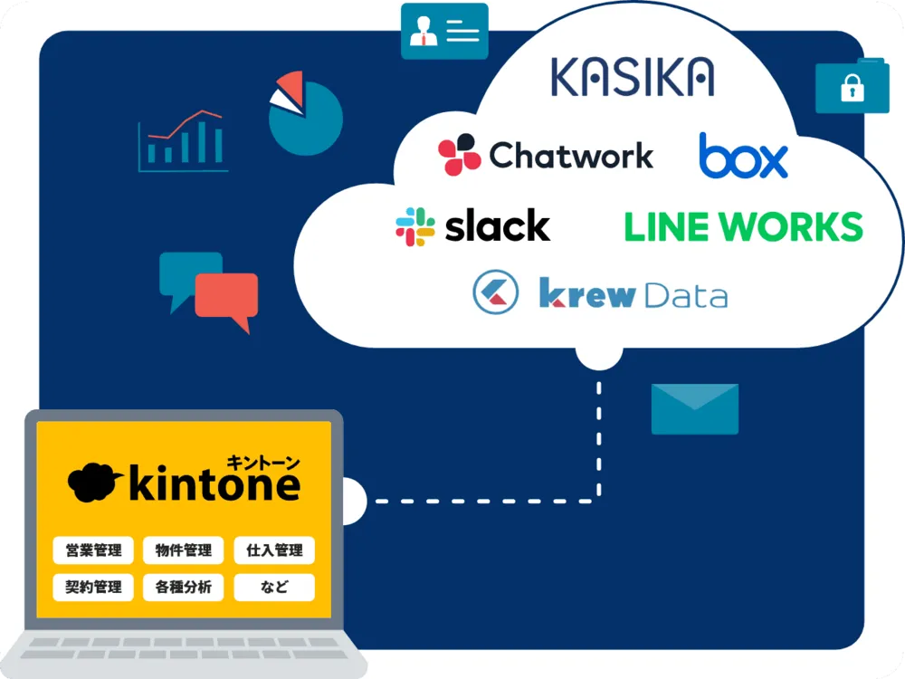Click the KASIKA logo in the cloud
click(x=632, y=77)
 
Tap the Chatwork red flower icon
click(x=459, y=155)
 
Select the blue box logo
click(x=743, y=156)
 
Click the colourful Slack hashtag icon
click(x=415, y=226)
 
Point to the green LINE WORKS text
click(x=743, y=226)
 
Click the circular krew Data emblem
click(x=495, y=292)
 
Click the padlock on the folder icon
click(x=851, y=89)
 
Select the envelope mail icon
click(x=694, y=409)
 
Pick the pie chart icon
click(x=306, y=116)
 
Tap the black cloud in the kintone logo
click(x=93, y=483)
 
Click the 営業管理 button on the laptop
click(x=93, y=550)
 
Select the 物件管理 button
click(x=184, y=550)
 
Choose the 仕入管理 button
click(x=274, y=550)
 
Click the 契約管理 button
click(x=93, y=587)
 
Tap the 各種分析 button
click(x=184, y=587)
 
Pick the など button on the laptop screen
click(x=274, y=587)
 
